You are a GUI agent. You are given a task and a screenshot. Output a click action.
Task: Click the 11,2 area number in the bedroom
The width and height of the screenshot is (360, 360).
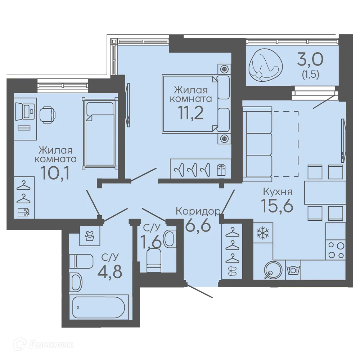coord(191,113)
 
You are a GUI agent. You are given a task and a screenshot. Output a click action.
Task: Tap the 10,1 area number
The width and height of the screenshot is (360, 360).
coord(55,173)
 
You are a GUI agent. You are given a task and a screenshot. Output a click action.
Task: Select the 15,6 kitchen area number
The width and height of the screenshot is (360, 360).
coord(277,205)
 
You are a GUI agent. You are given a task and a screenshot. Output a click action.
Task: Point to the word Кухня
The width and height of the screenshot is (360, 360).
coord(278,191)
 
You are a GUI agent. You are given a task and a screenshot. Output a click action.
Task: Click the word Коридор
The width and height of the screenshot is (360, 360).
coord(198,211)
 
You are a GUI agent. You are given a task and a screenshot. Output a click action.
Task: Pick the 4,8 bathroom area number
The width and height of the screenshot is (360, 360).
coord(110,271)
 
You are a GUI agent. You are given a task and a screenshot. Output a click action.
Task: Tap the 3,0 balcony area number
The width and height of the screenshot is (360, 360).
coord(310,59)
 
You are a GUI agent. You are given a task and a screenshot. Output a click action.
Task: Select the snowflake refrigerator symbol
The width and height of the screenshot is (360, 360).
coord(263,233)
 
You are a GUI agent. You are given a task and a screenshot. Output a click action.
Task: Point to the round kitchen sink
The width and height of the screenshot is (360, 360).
coord(273,270)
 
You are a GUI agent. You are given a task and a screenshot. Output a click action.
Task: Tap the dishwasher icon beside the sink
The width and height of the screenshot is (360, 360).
coord(293,270)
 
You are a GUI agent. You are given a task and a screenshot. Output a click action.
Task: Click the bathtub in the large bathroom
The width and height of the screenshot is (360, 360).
coord(99,307)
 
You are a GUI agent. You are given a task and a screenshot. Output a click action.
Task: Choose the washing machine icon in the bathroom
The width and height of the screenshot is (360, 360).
coord(90,236)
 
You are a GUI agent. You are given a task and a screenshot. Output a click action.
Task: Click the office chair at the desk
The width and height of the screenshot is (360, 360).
coord(47,114)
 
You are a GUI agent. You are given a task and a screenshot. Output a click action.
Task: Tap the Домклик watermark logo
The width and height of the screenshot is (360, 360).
coord(43,345)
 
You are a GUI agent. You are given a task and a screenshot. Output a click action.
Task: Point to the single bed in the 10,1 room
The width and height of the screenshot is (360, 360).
coord(100,132)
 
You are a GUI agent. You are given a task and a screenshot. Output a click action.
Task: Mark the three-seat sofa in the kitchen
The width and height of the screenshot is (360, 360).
coord(257,144)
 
